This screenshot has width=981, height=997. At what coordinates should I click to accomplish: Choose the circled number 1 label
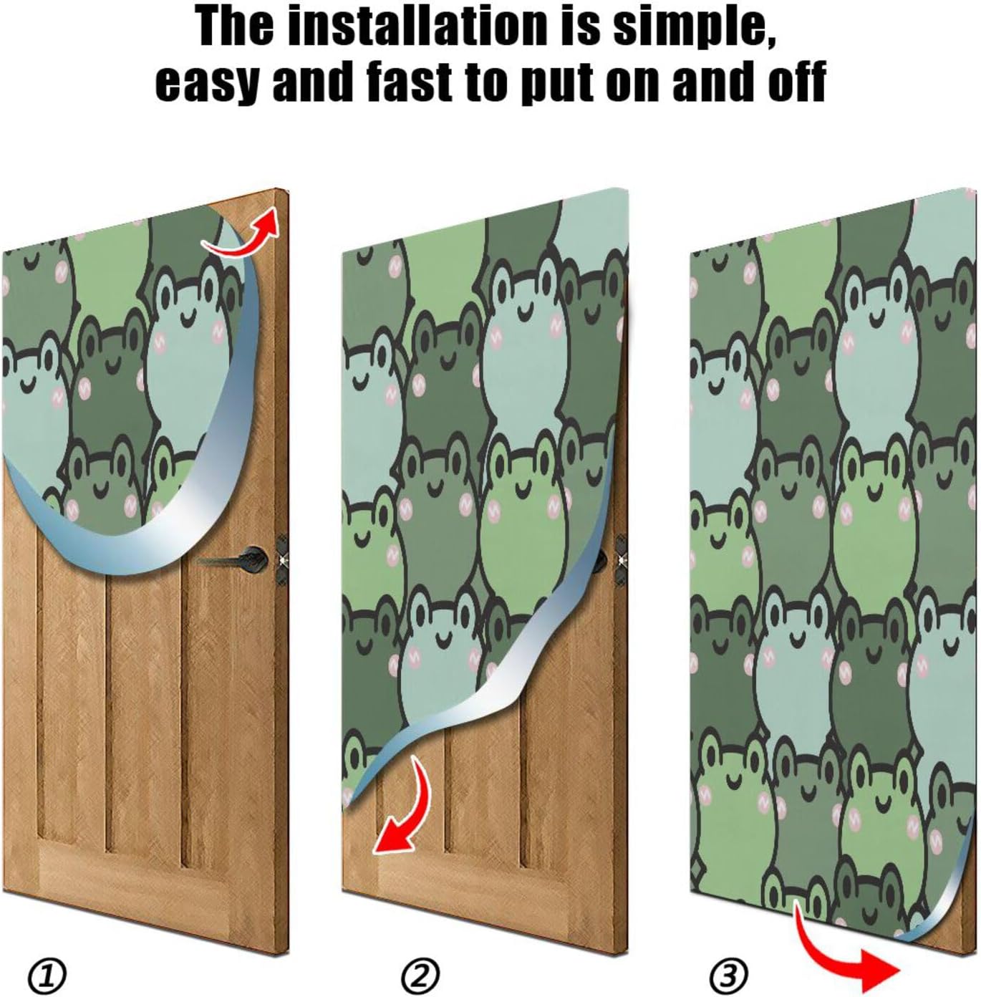click(x=47, y=974)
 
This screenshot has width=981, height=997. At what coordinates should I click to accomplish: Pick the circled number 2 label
click(x=420, y=974)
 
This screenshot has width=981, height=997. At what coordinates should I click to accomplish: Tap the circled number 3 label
click(x=728, y=974)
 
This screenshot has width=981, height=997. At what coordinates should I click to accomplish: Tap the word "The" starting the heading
click(x=234, y=26)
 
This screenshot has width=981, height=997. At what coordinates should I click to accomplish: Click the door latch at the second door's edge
click(x=620, y=556)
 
